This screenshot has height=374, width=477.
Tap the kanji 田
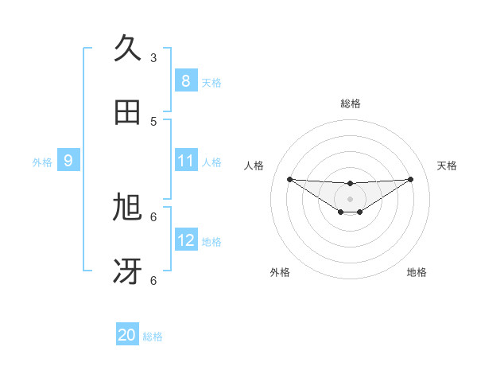(x=127, y=113)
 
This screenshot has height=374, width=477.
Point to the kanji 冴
(x=127, y=271)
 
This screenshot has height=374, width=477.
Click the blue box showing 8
(x=185, y=80)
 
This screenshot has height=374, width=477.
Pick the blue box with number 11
(x=185, y=161)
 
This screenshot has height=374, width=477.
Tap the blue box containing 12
(x=185, y=240)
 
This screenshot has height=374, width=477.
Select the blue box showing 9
(x=68, y=161)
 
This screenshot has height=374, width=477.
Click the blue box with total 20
(x=127, y=335)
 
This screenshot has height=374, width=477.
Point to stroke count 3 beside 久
(x=153, y=57)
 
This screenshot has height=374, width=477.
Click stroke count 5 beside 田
(x=153, y=121)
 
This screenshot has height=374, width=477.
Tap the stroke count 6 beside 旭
(x=153, y=216)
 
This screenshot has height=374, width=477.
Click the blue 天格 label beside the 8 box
(x=211, y=82)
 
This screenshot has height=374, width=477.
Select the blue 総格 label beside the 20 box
(x=153, y=337)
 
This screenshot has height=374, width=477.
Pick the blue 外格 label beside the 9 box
(x=42, y=162)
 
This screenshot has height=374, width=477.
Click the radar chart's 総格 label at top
(x=350, y=103)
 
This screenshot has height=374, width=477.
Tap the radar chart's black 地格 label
(x=417, y=273)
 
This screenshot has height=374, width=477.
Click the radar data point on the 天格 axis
(x=410, y=179)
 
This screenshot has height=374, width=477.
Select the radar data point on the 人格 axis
(x=289, y=179)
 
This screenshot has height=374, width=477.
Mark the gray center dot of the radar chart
(x=350, y=198)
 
